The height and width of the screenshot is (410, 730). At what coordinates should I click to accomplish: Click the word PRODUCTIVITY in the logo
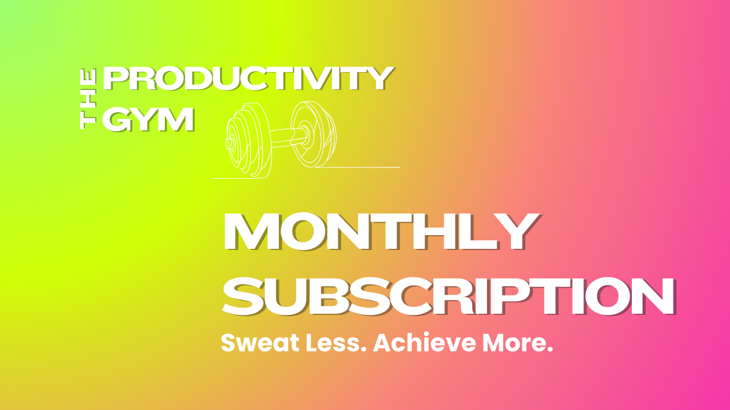[x=248, y=79]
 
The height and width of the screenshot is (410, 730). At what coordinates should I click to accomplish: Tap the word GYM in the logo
[x=148, y=120]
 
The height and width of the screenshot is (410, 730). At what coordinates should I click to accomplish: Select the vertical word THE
[x=88, y=99]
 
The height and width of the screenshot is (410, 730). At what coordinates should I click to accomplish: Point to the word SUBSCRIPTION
[x=449, y=297]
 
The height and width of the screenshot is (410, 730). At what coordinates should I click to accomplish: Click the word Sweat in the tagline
[x=260, y=343]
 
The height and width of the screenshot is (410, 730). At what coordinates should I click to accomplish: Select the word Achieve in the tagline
[x=425, y=343]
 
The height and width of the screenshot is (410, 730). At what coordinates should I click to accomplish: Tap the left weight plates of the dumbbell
[x=248, y=140]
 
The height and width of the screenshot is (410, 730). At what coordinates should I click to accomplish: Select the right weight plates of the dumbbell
[x=314, y=134]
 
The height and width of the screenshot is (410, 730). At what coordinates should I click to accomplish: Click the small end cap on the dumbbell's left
[x=229, y=143]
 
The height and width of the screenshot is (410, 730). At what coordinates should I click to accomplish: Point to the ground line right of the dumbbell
[x=357, y=167]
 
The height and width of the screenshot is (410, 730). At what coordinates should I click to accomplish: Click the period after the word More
[x=550, y=350]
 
